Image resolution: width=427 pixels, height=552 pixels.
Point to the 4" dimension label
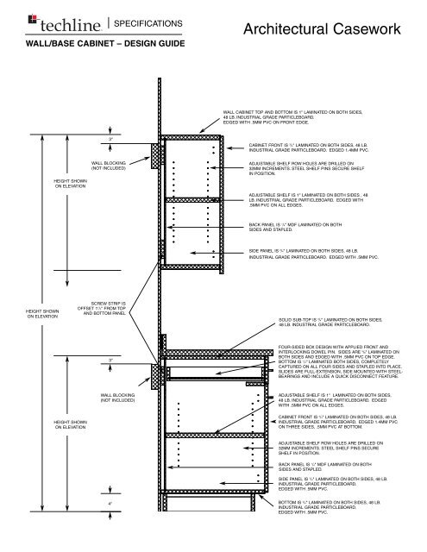click(x=110, y=503)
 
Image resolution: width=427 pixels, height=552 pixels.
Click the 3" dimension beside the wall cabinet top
click(x=110, y=138)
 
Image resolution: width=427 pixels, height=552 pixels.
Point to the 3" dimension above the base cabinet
click(x=110, y=359)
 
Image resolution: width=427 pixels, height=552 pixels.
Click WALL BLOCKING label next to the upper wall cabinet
click(x=110, y=166)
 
